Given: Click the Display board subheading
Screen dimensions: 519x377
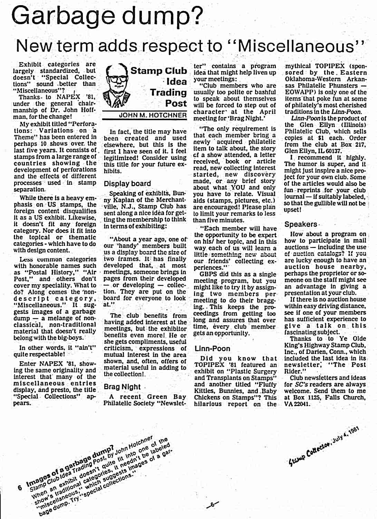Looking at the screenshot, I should [127, 183].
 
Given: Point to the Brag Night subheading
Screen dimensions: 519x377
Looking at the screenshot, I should [122, 387].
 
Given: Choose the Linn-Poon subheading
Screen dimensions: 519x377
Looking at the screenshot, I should [212, 349].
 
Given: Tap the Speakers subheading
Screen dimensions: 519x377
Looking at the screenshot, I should [300, 224].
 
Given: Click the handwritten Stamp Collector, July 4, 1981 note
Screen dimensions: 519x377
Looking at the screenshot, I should [324, 445].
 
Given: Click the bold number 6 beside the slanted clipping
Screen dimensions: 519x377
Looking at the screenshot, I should [20, 488].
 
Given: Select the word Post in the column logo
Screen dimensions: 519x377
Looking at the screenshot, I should [176, 103].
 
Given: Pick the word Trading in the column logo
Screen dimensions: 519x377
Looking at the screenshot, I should [168, 93].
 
